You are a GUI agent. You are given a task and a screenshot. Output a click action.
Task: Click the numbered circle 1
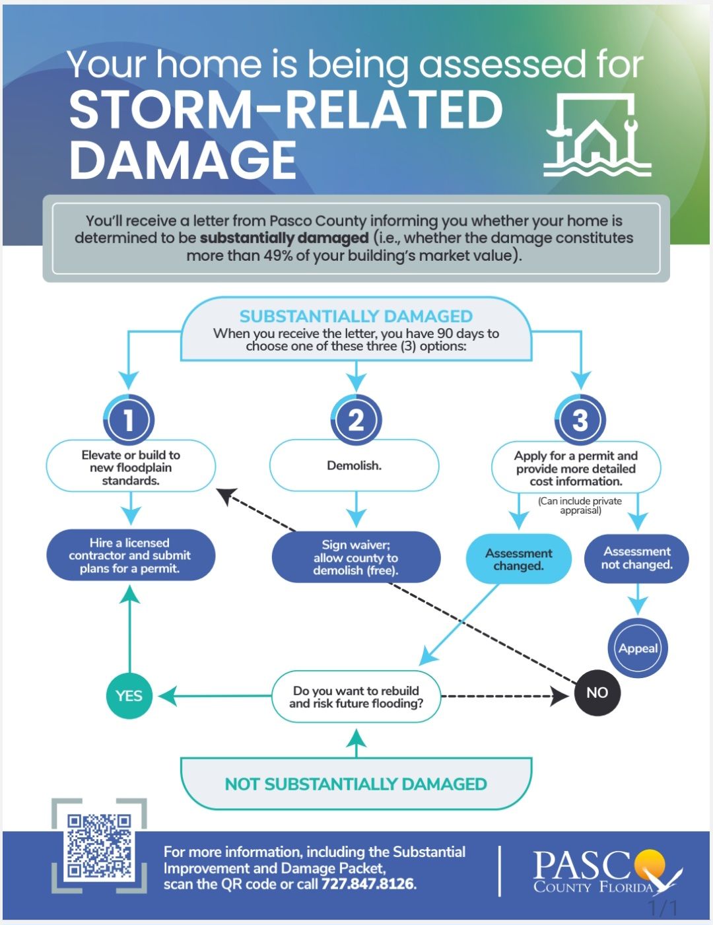[129, 420]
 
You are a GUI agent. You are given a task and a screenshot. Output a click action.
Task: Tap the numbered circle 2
[356, 420]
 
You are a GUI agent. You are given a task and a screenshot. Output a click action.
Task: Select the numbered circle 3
[580, 420]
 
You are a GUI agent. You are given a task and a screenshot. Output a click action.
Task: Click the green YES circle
[129, 695]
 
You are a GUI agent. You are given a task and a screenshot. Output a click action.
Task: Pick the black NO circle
[597, 693]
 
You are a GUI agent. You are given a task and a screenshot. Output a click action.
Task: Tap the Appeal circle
[638, 648]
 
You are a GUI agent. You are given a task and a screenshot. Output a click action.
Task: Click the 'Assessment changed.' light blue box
[518, 559]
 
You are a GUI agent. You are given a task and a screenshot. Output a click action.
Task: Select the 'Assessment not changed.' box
[637, 558]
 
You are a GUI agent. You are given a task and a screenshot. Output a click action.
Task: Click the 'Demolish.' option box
[354, 465]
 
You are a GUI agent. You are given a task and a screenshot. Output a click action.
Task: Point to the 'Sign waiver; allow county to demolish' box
[356, 557]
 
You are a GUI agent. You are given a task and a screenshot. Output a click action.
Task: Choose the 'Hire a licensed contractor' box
[130, 555]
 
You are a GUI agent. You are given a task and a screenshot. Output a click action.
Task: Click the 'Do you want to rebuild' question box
[356, 697]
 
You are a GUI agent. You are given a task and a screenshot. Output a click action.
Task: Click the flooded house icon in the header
[597, 135]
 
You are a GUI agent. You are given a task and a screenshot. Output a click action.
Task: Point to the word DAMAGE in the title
[183, 160]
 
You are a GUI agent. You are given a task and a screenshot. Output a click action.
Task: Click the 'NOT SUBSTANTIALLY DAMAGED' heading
[356, 784]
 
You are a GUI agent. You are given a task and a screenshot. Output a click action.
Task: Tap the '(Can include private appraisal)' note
[580, 505]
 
